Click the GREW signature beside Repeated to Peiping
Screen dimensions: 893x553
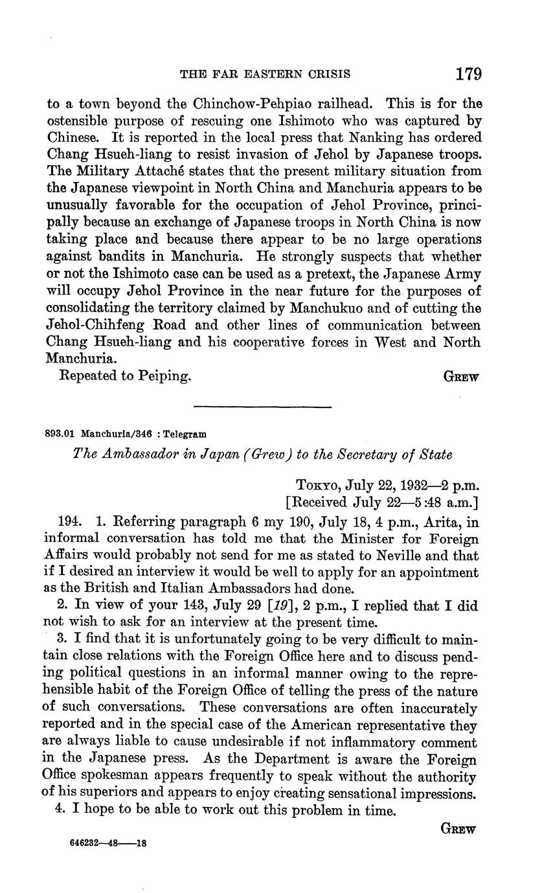(460, 377)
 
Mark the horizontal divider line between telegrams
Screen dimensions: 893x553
(263, 407)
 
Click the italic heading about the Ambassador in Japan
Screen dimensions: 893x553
(264, 455)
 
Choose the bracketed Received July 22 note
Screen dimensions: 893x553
(382, 502)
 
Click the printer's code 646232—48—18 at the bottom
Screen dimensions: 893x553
(109, 844)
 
